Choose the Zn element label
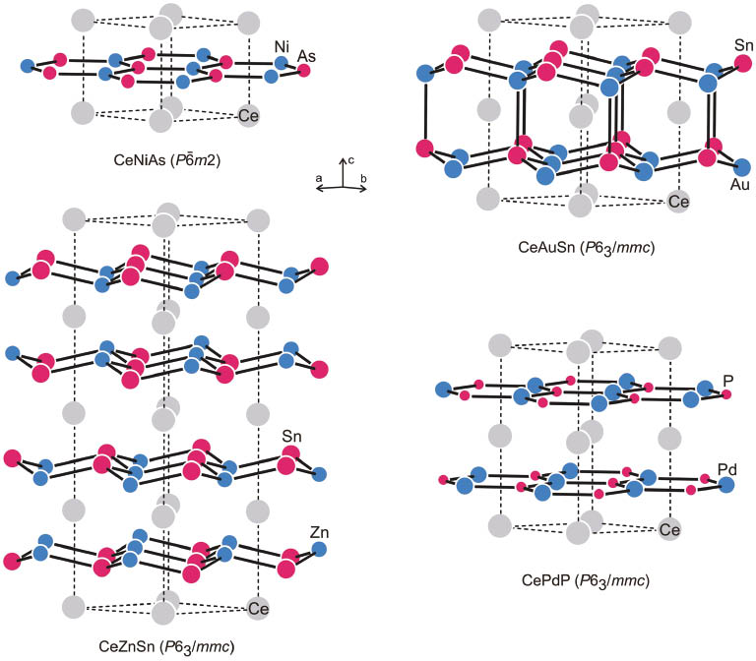(x=319, y=533)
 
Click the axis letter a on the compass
(x=320, y=177)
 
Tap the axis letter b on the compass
(x=365, y=177)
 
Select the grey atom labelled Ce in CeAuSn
(x=677, y=202)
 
